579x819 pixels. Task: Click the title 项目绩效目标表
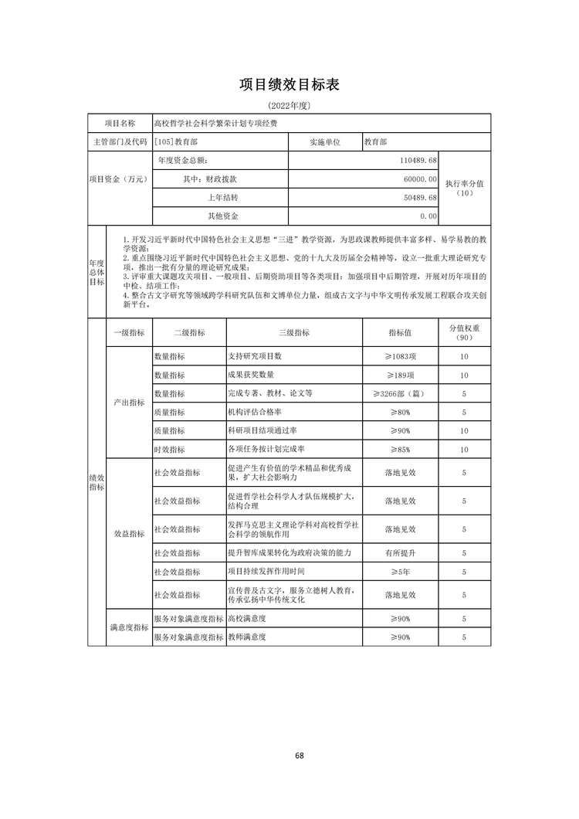pos(289,84)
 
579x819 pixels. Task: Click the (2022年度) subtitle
pos(289,104)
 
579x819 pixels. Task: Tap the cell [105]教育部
pos(178,142)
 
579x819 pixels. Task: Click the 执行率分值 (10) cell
pos(465,189)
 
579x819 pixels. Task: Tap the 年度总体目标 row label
pos(96,272)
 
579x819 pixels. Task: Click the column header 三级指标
pos(293,332)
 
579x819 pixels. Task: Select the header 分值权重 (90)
pos(465,332)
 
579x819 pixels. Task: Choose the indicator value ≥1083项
pos(401,356)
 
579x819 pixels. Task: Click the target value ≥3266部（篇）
pos(401,393)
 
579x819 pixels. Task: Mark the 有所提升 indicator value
pos(401,553)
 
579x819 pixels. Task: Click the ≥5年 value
pos(401,572)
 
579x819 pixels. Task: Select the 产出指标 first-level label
pos(128,403)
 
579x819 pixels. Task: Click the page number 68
pos(299,756)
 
